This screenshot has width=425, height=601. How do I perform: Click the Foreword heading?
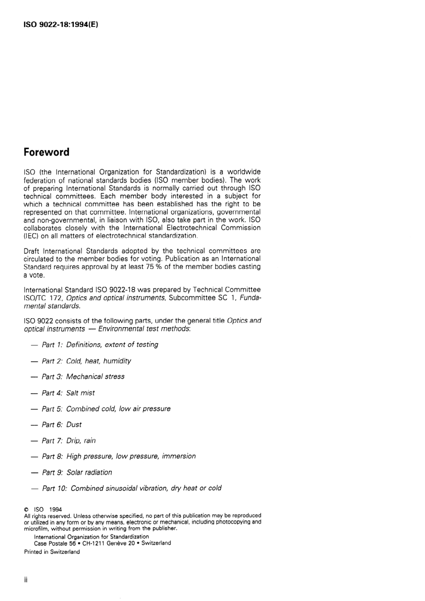pyautogui.click(x=47, y=152)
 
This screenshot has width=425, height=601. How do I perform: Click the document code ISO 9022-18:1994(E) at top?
pyautogui.click(x=60, y=24)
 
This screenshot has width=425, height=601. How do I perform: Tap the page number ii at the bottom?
pyautogui.click(x=26, y=580)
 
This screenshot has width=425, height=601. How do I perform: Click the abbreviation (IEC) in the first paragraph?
pyautogui.click(x=31, y=236)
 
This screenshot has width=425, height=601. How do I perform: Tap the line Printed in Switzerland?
pyautogui.click(x=52, y=552)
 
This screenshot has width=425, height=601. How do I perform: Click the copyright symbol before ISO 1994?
pyautogui.click(x=26, y=510)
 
